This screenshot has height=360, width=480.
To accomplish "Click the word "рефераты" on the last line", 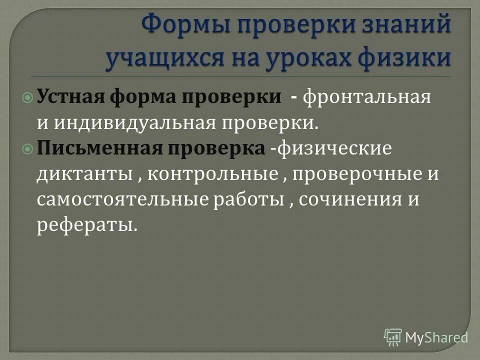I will coord(85,226).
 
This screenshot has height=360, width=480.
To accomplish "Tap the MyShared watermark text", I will coord(436,337).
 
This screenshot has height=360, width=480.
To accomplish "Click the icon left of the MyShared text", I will coord(392,337).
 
